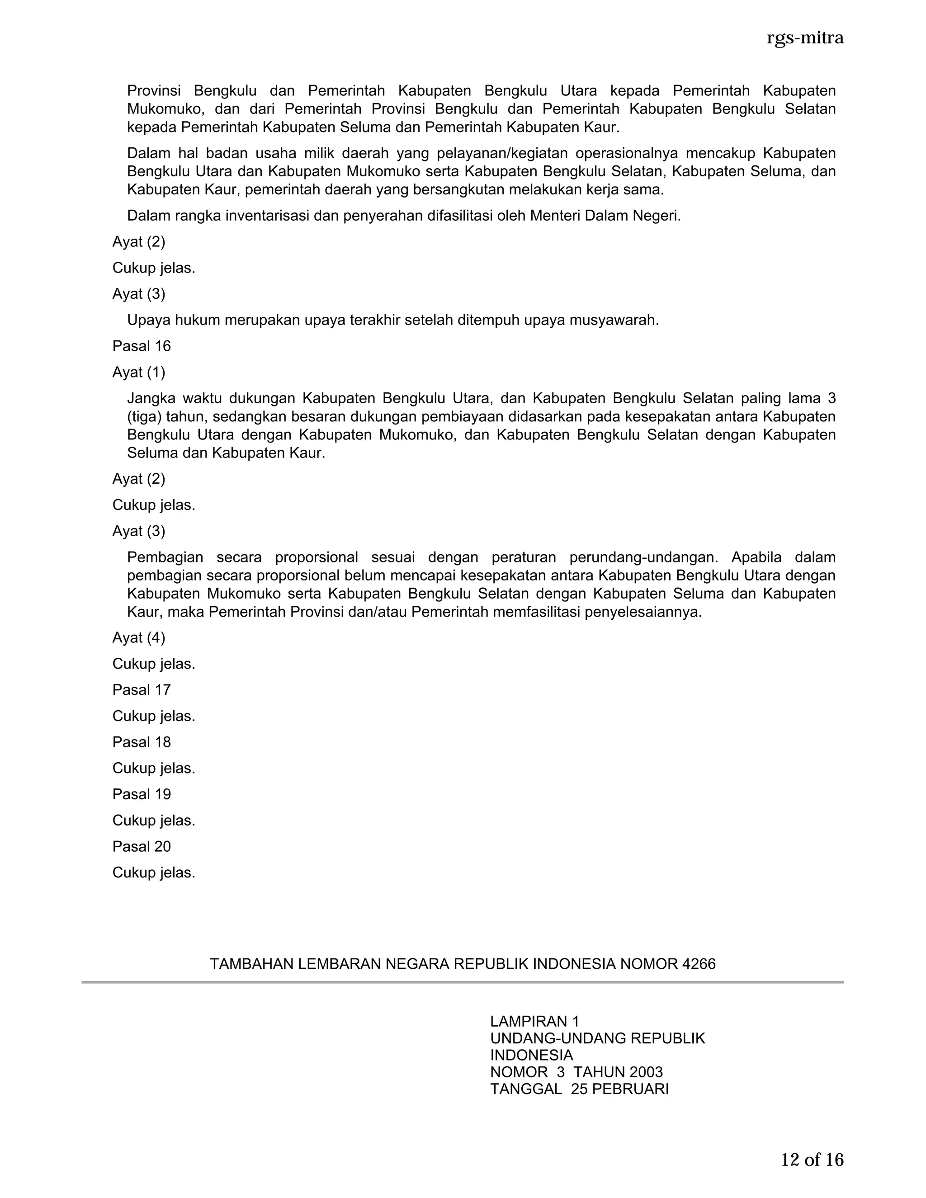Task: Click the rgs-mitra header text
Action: (x=805, y=38)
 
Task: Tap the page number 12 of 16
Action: (x=812, y=1160)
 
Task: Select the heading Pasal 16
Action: (x=142, y=346)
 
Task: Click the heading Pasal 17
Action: (x=142, y=689)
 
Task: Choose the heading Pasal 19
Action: (x=142, y=794)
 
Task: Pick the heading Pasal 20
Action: (x=142, y=846)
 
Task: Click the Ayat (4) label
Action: (x=139, y=637)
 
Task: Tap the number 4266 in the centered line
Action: (x=698, y=964)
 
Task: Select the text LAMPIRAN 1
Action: (x=535, y=1021)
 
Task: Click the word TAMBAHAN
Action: (x=252, y=964)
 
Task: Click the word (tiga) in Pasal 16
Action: (x=144, y=417)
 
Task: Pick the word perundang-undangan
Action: (x=643, y=557)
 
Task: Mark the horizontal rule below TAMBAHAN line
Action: (x=463, y=982)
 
